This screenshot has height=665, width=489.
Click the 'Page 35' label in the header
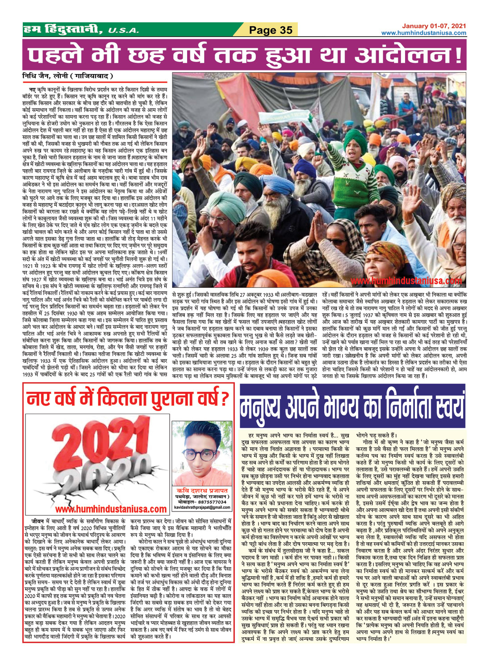click(271, 30)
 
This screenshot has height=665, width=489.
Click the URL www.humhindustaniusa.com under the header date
click(424, 33)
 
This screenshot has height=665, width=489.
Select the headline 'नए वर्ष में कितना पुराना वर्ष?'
click(127, 398)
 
